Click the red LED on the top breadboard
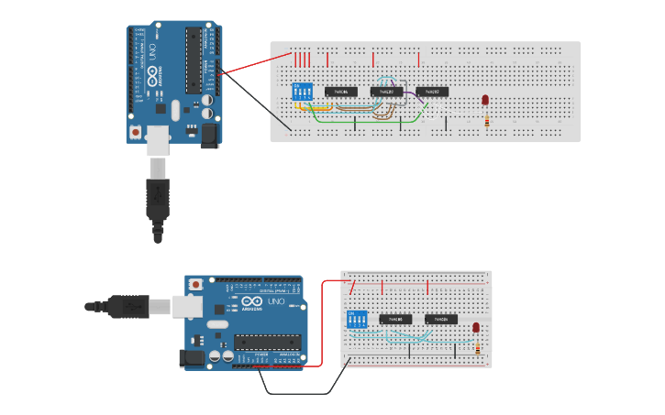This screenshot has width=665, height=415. pyautogui.click(x=485, y=100)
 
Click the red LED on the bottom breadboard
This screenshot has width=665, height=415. pyautogui.click(x=476, y=327)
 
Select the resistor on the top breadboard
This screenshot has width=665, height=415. pyautogui.click(x=486, y=119)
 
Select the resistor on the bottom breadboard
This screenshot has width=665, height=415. pyautogui.click(x=477, y=347)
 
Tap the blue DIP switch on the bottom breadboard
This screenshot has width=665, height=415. pyautogui.click(x=357, y=320)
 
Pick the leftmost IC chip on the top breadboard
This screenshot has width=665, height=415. pyautogui.click(x=341, y=92)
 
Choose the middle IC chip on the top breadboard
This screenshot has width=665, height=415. pyautogui.click(x=386, y=92)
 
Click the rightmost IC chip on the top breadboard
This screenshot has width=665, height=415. pyautogui.click(x=432, y=92)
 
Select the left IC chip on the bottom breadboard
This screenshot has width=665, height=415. pyautogui.click(x=395, y=320)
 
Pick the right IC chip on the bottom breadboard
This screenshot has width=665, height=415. pyautogui.click(x=441, y=320)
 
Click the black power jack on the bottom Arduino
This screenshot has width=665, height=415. pyautogui.click(x=194, y=357)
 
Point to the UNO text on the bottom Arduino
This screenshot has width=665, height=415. pyautogui.click(x=276, y=301)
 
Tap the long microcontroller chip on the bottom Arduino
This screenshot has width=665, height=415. pyautogui.click(x=268, y=342)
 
